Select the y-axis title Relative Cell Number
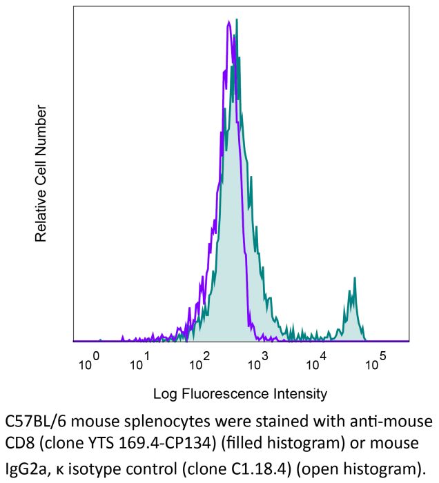[x=41, y=173]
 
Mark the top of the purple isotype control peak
[x=228, y=22]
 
